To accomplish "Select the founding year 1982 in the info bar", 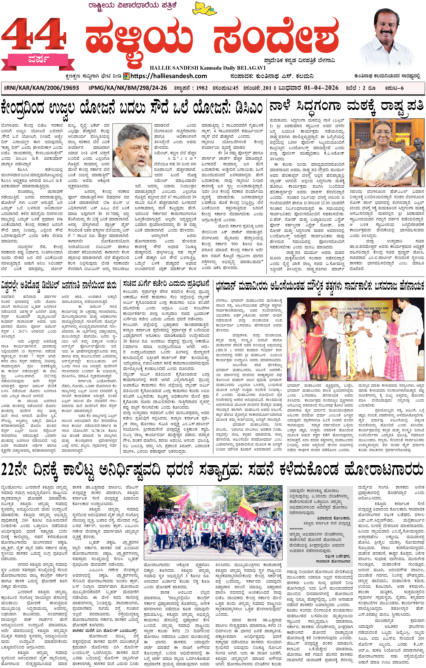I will point(202,88).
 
